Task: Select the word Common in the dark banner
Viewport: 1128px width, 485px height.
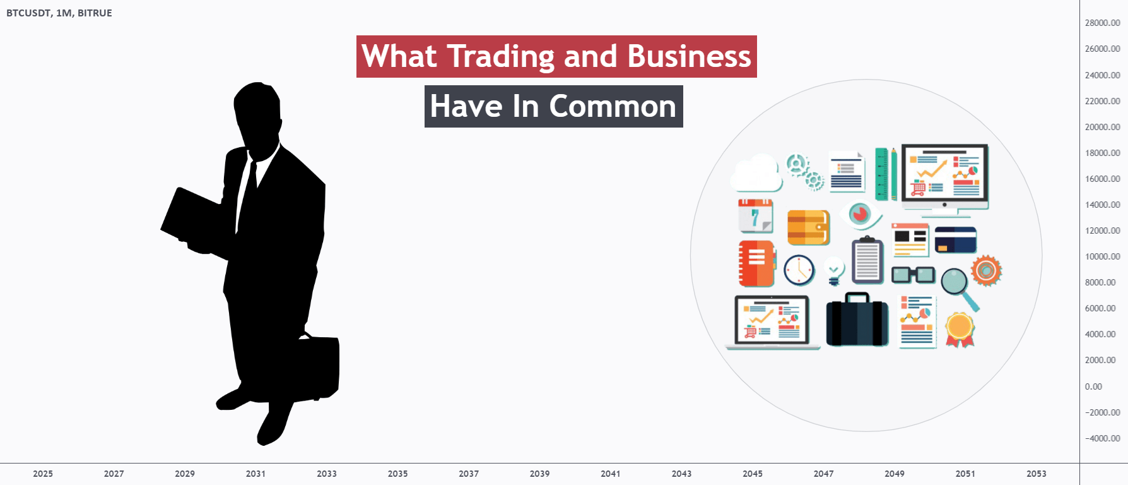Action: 613,106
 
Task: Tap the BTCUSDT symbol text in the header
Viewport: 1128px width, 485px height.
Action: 29,13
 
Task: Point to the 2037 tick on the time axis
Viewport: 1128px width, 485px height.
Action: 469,474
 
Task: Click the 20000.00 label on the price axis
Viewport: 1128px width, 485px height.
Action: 1103,127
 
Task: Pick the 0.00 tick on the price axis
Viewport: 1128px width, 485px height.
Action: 1093,386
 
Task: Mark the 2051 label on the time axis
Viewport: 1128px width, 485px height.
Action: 965,474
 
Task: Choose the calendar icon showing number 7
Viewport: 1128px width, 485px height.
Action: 756,215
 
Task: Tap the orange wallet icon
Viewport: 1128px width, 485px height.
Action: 808,227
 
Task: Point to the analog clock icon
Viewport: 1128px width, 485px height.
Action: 799,270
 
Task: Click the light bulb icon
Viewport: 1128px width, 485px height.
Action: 834,271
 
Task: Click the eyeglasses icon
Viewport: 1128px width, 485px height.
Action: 913,275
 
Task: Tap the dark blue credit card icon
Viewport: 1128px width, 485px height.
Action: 955,240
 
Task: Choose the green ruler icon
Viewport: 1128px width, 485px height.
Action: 882,174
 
